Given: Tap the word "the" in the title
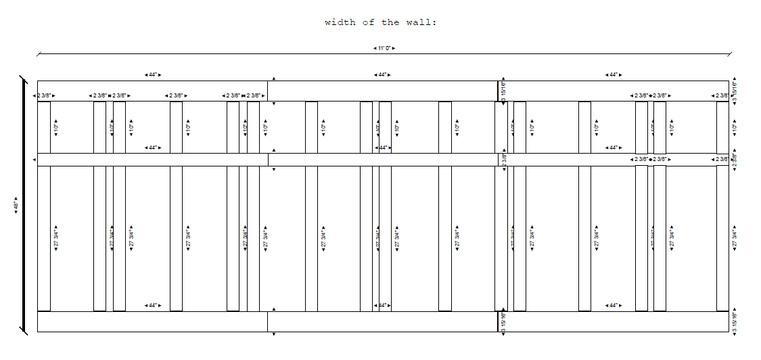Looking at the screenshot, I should click(x=390, y=22).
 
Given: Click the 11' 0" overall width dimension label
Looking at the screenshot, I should click(x=384, y=48).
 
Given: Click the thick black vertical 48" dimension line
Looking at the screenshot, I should click(x=24, y=205).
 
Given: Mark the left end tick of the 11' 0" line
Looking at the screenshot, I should click(x=38, y=52).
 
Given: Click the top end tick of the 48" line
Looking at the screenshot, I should click(x=24, y=79).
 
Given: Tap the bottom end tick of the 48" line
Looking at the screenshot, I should click(x=24, y=331).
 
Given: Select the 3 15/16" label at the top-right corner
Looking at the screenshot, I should click(x=735, y=91).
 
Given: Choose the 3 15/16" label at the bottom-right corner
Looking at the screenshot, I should click(x=735, y=322).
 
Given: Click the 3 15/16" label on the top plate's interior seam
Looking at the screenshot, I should click(x=504, y=91).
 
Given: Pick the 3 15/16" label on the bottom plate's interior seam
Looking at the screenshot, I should click(x=504, y=322).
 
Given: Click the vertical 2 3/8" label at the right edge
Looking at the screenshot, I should click(x=735, y=160).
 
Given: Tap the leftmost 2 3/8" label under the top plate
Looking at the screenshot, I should click(x=44, y=95).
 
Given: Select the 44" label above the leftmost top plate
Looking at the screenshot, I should click(x=153, y=74).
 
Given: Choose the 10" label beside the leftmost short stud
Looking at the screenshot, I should click(x=56, y=127).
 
